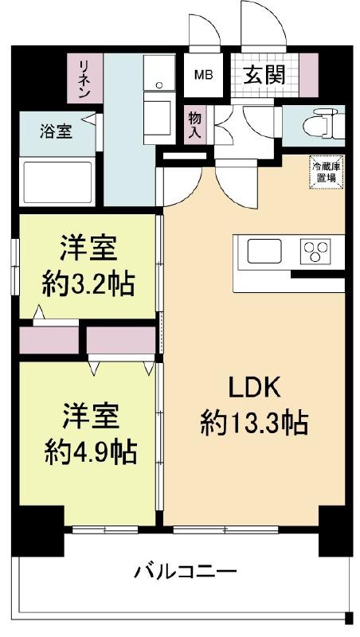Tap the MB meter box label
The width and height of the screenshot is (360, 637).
204,75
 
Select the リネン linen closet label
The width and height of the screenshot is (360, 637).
84,79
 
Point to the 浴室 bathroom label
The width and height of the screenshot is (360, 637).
56,131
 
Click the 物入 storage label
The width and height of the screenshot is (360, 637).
194,125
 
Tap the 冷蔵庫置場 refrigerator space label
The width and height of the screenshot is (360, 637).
326,172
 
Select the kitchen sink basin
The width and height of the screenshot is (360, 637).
264,251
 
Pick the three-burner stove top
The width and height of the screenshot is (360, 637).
315,251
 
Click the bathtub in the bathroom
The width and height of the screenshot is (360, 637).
57,182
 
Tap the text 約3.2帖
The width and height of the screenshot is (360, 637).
88,285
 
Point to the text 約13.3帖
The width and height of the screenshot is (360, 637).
254,424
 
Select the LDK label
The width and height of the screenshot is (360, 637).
254,389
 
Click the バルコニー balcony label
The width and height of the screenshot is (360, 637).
186,572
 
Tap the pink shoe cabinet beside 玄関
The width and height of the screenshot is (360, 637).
309,75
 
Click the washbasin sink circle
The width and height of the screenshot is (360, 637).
159,84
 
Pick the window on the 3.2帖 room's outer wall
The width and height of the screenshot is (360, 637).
15,264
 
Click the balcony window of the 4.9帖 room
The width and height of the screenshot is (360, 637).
105,530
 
